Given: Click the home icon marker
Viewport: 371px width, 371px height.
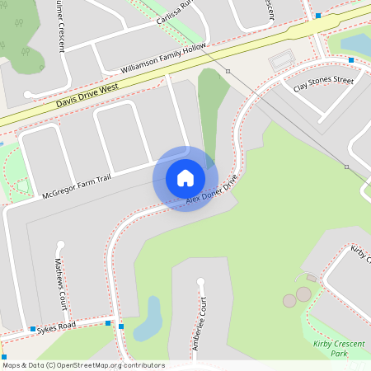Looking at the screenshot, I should pos(185,178).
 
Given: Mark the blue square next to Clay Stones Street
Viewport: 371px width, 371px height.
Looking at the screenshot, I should pos(351,60).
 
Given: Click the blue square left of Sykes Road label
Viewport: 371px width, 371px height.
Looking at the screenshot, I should pos(32,329).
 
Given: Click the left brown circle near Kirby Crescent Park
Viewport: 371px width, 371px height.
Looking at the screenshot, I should pos(289,301).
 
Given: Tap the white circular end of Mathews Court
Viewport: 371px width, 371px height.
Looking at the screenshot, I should pos(59,244).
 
